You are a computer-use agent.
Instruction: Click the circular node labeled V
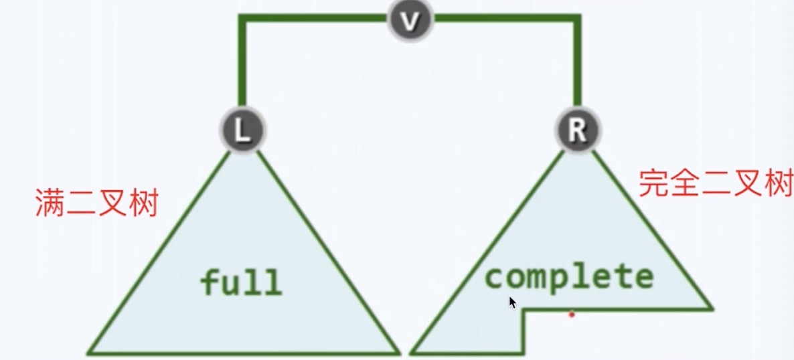coord(410,21)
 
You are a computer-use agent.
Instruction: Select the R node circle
coord(576,130)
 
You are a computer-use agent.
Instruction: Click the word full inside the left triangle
coord(241,282)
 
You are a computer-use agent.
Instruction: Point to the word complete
coord(568,276)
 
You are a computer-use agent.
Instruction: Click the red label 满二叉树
coord(96,203)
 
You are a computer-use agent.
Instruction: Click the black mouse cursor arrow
coord(512,302)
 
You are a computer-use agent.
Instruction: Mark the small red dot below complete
coord(572,314)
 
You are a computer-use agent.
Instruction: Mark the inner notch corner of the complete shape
coord(524,310)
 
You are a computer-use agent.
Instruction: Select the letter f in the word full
coord(210,282)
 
